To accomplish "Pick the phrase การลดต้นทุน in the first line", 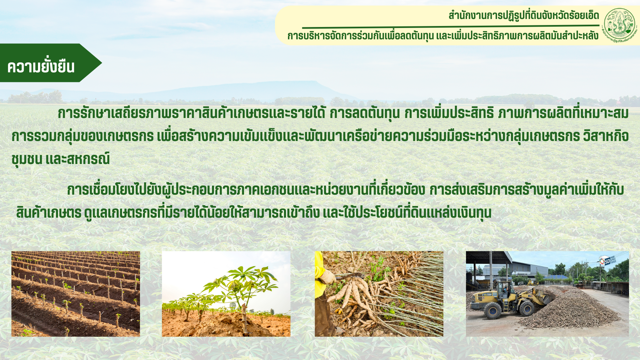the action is tap(365, 113).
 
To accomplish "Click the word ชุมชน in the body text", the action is tap(27, 159).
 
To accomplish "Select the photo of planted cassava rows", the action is tap(76, 294).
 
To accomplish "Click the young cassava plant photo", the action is tap(226, 294).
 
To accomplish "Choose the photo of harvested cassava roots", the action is tap(379, 294).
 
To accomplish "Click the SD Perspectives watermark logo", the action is tap(607, 260).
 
